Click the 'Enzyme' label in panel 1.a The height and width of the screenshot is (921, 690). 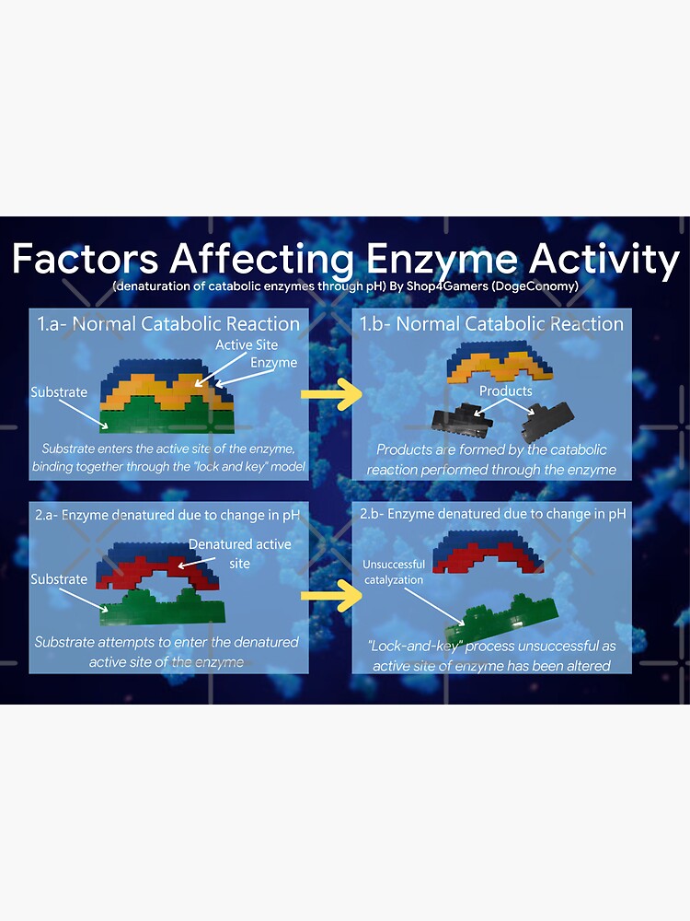click(x=274, y=362)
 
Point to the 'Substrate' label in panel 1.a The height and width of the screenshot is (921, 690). click(x=59, y=391)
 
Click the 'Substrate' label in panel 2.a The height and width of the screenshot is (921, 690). click(x=59, y=579)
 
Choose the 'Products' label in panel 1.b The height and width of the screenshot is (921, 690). click(x=505, y=391)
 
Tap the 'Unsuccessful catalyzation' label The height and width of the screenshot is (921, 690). click(x=394, y=572)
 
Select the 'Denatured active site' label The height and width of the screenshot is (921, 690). click(x=239, y=553)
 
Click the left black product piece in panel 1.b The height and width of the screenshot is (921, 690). click(x=460, y=420)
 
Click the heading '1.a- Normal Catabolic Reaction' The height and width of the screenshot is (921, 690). click(x=168, y=323)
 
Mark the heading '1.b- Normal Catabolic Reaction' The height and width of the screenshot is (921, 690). click(x=491, y=323)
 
